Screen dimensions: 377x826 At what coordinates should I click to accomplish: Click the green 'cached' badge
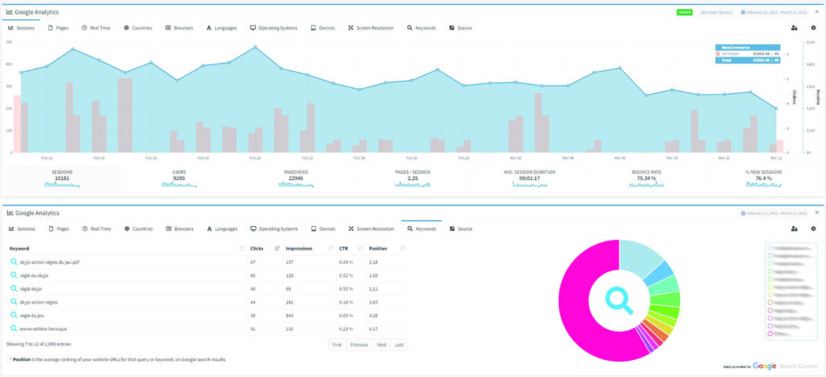[685, 13]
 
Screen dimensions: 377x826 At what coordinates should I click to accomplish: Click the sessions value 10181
[62, 178]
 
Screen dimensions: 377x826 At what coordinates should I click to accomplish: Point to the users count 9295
[178, 178]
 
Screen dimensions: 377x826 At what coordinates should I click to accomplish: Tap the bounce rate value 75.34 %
[646, 178]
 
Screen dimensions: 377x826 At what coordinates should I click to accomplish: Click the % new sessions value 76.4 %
[762, 178]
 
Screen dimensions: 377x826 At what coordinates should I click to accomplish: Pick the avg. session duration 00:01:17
[529, 178]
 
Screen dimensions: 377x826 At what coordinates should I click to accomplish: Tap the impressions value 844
[290, 315]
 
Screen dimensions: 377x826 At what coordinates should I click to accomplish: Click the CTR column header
[344, 248]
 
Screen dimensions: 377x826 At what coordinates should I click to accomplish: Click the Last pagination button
[399, 345]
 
